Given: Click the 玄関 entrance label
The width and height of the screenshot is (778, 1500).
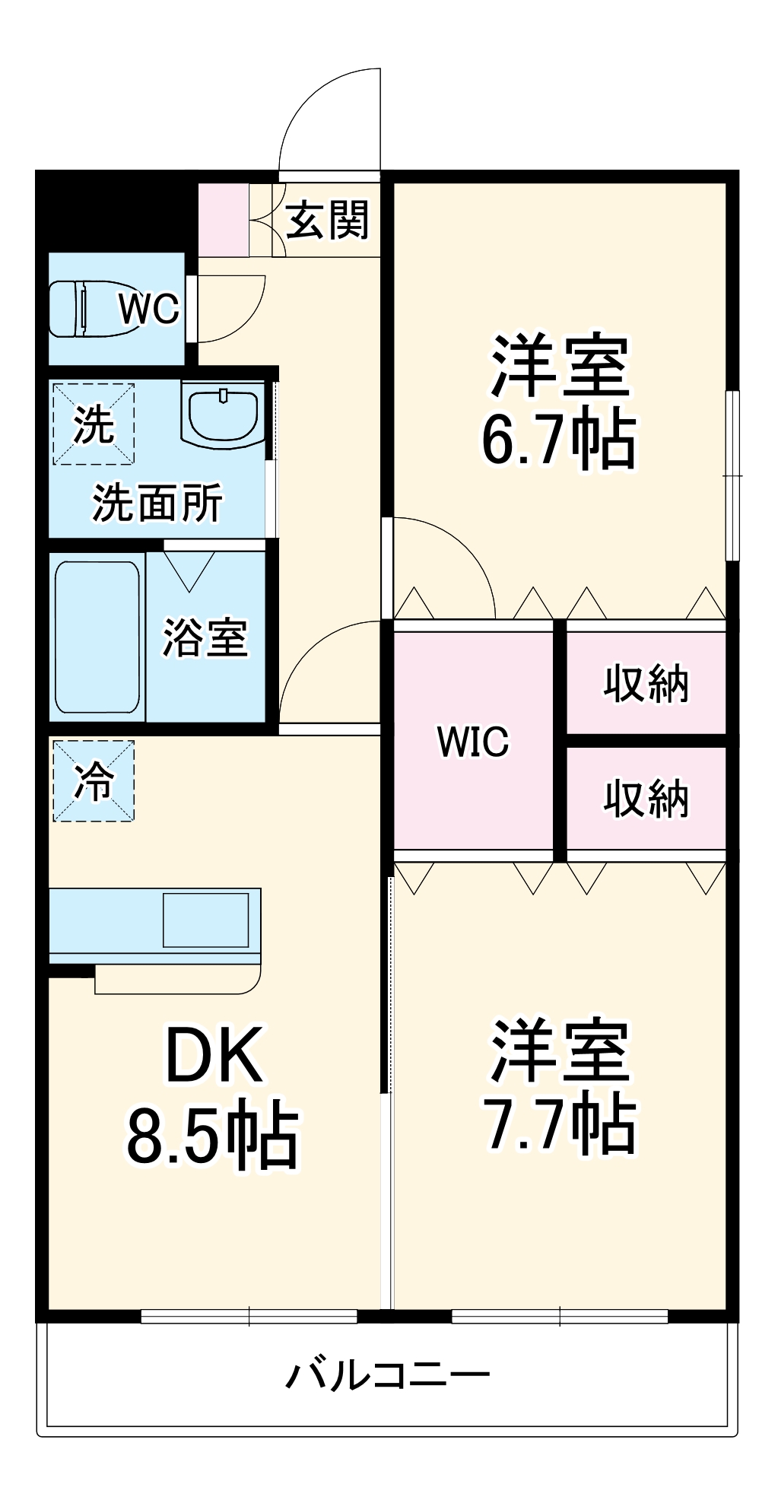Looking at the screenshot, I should pyautogui.click(x=328, y=220).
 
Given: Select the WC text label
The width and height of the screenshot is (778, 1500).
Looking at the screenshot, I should pyautogui.click(x=149, y=309).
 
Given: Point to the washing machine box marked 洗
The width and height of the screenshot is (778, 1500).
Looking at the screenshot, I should pyautogui.click(x=94, y=424).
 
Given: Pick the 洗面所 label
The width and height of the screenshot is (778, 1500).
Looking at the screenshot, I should pyautogui.click(x=157, y=503).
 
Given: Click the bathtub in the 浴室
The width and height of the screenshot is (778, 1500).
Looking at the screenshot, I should pyautogui.click(x=97, y=637).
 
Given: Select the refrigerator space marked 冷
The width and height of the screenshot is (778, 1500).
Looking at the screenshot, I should pyautogui.click(x=94, y=781).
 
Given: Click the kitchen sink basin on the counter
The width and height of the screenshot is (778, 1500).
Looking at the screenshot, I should pyautogui.click(x=206, y=919).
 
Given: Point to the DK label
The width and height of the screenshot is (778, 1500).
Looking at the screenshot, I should pyautogui.click(x=214, y=1055).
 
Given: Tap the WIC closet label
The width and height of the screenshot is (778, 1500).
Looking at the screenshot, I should pyautogui.click(x=472, y=741).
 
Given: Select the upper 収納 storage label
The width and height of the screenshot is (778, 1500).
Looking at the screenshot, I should pyautogui.click(x=646, y=683).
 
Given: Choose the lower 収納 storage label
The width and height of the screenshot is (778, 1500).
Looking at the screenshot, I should pyautogui.click(x=646, y=799).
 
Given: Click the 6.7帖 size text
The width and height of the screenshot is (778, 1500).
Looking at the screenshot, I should pyautogui.click(x=559, y=440).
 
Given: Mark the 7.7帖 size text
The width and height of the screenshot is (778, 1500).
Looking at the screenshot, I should pyautogui.click(x=559, y=1123).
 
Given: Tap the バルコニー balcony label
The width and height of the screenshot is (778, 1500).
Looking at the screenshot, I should pyautogui.click(x=388, y=1375).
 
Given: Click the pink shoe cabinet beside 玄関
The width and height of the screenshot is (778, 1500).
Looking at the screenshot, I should pyautogui.click(x=223, y=220).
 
